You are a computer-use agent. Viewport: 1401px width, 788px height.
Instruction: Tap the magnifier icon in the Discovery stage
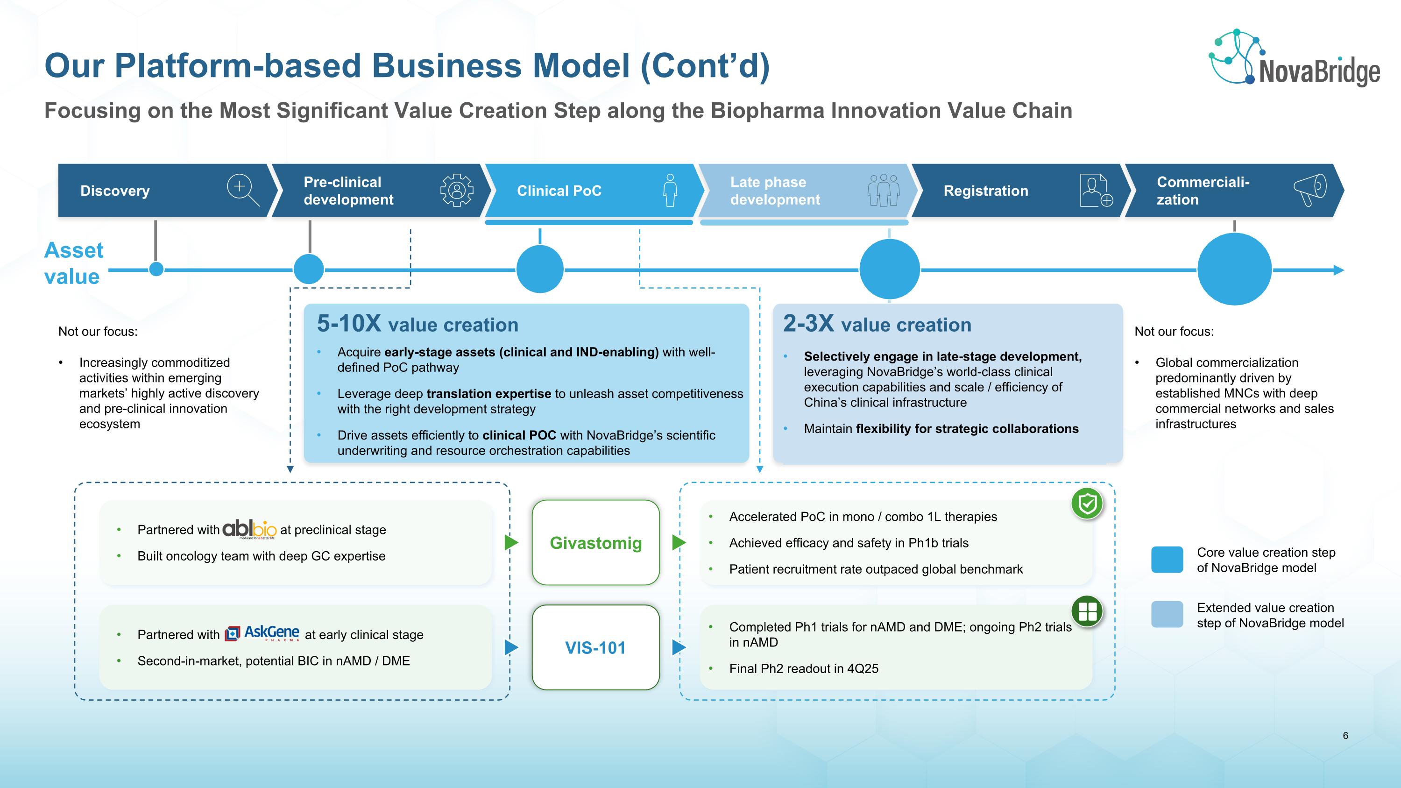click(242, 190)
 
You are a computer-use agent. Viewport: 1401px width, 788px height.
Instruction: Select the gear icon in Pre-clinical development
click(456, 190)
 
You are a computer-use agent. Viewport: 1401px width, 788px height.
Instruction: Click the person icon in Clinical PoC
click(670, 190)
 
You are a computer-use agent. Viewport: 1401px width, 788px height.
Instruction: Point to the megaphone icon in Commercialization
click(1310, 190)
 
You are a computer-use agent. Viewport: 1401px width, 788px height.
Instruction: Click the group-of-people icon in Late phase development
click(883, 190)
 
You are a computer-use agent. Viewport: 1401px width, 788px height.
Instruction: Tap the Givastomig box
click(595, 543)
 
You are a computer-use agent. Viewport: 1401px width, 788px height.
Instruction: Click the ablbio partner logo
click(250, 529)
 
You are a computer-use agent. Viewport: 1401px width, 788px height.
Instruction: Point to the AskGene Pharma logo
click(262, 633)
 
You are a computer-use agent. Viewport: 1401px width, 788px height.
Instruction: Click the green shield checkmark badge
click(1087, 504)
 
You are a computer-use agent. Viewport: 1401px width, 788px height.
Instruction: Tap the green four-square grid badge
click(1087, 611)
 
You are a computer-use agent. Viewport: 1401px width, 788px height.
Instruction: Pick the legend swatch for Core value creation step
click(1167, 560)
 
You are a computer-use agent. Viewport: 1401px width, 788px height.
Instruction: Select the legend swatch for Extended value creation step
click(1167, 615)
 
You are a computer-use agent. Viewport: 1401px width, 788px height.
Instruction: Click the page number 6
click(1345, 736)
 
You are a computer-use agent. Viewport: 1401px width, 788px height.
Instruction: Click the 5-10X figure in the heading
click(349, 324)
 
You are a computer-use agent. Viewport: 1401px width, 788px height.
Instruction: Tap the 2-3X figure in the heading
click(808, 324)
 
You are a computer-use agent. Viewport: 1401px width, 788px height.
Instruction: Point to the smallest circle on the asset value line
click(156, 269)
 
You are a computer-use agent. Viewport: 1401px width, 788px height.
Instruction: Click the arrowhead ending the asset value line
click(1338, 270)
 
